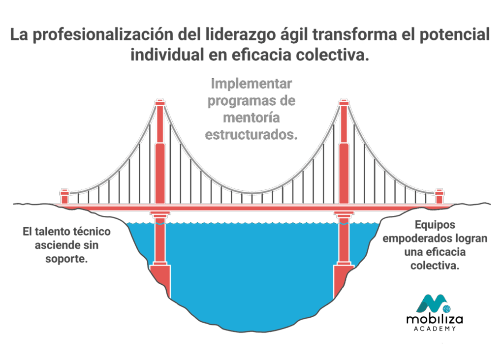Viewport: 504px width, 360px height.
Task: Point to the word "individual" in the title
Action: tap(167, 54)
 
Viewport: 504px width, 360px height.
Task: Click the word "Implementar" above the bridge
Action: tap(252, 84)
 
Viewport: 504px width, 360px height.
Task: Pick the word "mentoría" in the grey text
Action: tap(252, 118)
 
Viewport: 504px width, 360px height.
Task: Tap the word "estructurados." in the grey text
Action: tap(252, 135)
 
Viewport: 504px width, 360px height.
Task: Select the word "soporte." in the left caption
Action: tap(66, 259)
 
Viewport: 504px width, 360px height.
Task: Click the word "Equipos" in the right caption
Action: tap(435, 225)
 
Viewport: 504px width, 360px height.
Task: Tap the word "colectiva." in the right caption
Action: tap(435, 266)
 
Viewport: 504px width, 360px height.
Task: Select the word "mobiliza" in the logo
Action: tap(435, 319)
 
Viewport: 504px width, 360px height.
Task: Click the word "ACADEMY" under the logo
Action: tap(435, 329)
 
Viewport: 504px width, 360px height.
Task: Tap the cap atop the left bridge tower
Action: tap(160, 102)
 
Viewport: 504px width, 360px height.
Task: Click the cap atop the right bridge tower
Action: tap(344, 102)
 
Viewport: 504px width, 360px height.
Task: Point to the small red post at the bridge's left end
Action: tap(64, 197)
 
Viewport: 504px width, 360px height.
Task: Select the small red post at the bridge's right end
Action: tap(439, 197)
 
